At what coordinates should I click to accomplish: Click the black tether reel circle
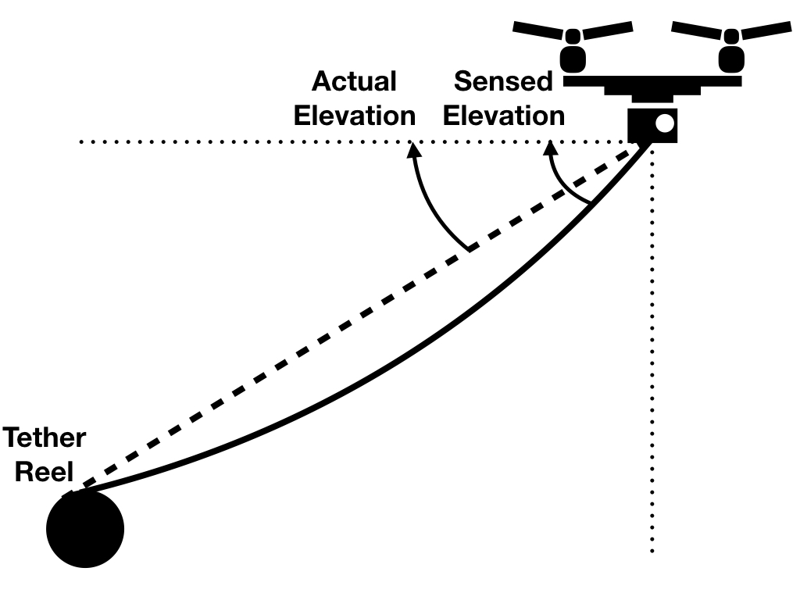tap(85, 529)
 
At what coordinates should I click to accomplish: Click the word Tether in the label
tap(45, 437)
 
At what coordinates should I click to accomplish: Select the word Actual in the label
tap(355, 81)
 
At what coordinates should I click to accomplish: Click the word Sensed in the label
tap(504, 81)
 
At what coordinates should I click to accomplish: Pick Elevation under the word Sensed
tap(504, 116)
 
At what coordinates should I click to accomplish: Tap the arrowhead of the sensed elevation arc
tap(551, 148)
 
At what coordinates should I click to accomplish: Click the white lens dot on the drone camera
tap(663, 123)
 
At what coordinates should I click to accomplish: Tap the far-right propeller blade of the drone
tap(770, 30)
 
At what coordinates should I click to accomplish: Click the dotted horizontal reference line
tap(234, 142)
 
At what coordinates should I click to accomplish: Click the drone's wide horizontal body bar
tap(652, 80)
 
